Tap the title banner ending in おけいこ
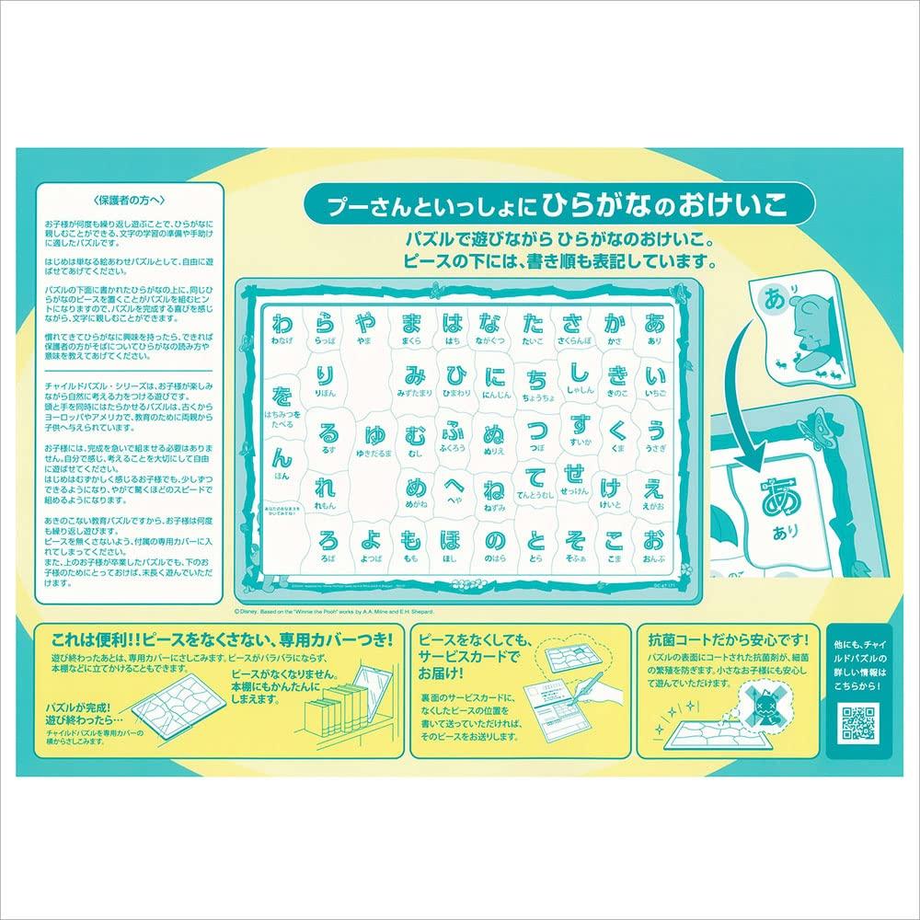click(x=546, y=204)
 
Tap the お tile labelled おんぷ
click(x=654, y=544)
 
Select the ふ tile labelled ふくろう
click(x=451, y=436)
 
